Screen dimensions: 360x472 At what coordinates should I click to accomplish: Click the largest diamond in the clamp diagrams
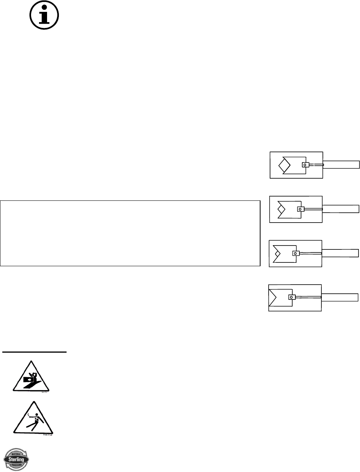click(284, 165)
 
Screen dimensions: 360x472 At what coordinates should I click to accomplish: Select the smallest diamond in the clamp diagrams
click(277, 253)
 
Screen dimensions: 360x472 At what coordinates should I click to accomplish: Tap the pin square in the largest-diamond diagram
click(305, 165)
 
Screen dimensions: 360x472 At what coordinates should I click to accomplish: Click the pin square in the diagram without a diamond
click(291, 297)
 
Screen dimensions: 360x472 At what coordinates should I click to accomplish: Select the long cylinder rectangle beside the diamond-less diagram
click(340, 297)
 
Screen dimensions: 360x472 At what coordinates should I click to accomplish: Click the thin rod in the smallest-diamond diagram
click(310, 253)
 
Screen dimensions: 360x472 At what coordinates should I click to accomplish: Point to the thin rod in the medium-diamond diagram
click(313, 209)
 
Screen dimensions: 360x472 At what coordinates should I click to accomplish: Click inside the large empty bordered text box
click(130, 233)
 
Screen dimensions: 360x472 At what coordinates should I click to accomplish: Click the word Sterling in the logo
click(16, 459)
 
